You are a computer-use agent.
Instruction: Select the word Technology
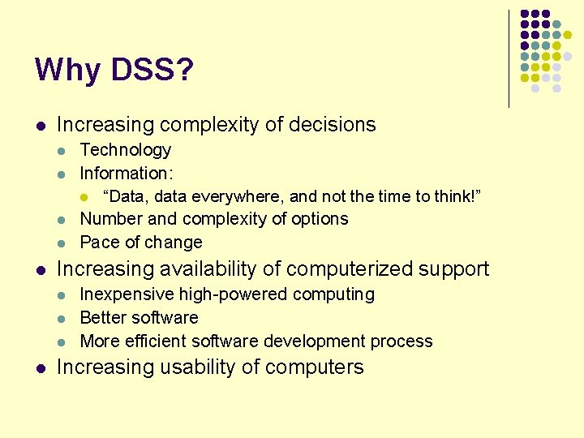126,150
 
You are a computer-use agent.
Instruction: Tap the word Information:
127,173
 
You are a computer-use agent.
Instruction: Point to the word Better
103,317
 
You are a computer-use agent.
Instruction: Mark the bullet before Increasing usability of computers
41,368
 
